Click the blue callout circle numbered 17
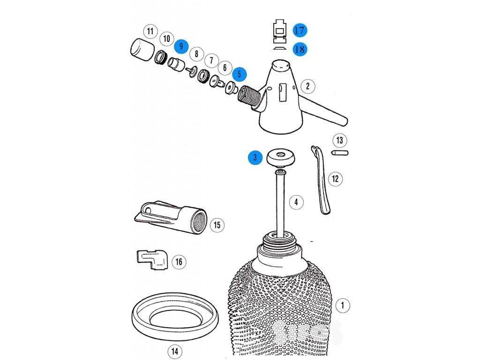pos(300,30)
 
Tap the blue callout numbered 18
pos(300,49)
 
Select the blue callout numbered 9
pos(181,46)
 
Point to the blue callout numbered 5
pos(240,74)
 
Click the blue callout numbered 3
pos(255,157)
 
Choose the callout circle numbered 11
pos(150,31)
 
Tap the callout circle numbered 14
pos(175,351)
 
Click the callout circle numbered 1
pos(343,305)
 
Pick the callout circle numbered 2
pos(307,86)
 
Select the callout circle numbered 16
pos(179,262)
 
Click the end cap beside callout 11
pos(142,49)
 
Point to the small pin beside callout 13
pos(340,152)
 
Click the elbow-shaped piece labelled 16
pos(152,260)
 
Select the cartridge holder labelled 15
pos(171,217)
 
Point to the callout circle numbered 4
pos(296,202)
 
